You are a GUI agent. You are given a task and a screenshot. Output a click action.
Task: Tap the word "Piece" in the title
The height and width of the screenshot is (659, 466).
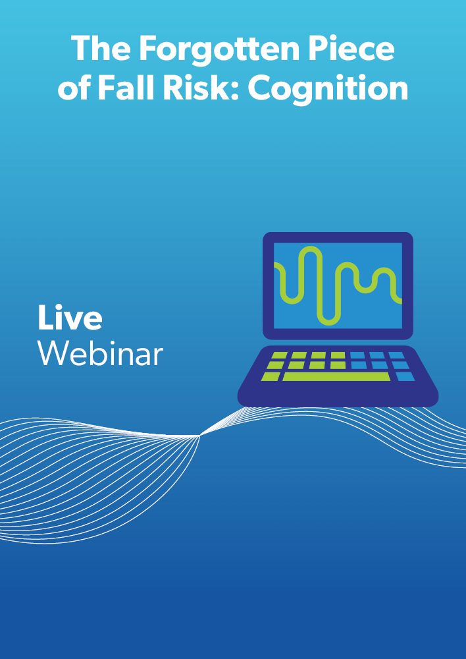[x=352, y=48]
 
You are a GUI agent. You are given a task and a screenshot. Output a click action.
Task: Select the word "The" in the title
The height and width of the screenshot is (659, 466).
[x=100, y=48]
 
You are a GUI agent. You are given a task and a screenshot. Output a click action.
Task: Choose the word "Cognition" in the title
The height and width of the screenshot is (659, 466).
[x=328, y=90]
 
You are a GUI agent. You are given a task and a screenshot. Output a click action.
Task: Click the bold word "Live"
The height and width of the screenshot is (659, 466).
[x=70, y=318]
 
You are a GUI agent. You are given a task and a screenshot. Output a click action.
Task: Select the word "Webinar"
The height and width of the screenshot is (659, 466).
[x=100, y=353]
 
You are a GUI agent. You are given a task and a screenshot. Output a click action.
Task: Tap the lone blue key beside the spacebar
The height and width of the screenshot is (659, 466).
[x=405, y=376]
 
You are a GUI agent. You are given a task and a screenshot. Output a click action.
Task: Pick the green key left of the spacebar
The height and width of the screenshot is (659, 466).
[x=271, y=376]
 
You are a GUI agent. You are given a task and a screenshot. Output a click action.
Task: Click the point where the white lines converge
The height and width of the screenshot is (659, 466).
[x=199, y=436]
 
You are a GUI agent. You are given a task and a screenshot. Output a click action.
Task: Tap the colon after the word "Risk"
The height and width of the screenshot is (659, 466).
[x=235, y=90]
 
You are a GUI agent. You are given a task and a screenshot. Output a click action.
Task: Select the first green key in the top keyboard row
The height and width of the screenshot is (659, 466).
[x=280, y=356]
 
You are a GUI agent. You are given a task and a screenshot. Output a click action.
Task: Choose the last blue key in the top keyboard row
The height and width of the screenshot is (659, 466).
[x=396, y=356]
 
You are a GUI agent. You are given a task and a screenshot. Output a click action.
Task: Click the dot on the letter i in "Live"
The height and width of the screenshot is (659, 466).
[x=63, y=308]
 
